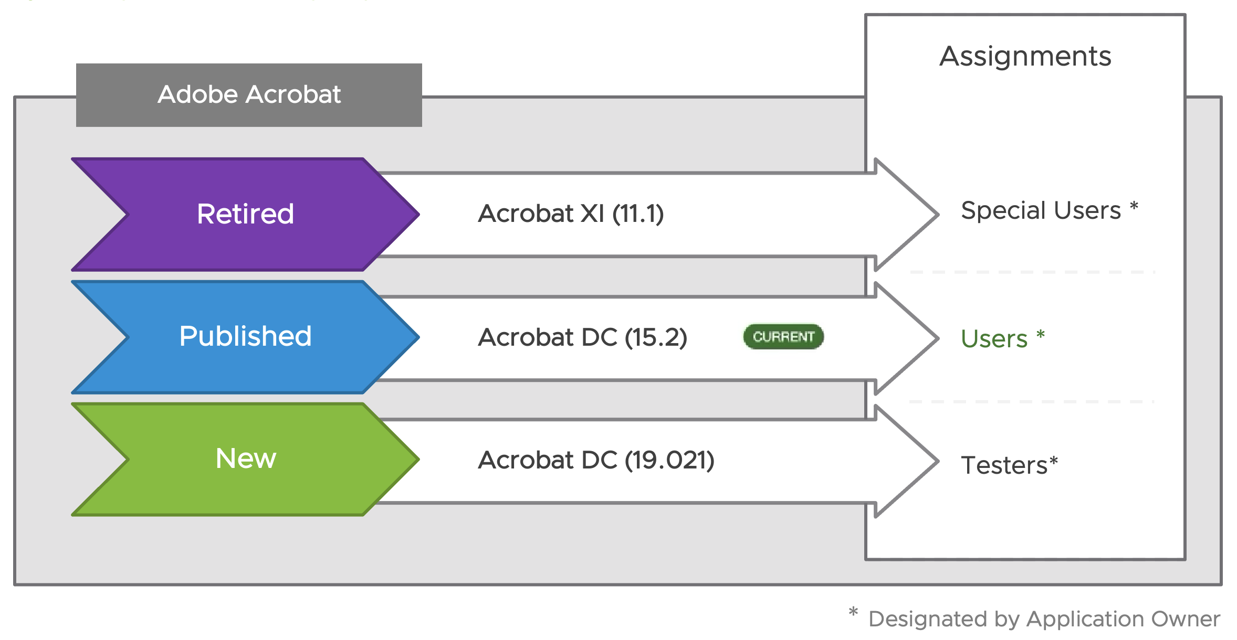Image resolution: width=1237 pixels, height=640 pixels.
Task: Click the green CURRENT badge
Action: point(783,337)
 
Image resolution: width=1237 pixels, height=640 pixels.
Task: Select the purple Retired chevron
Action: point(245,214)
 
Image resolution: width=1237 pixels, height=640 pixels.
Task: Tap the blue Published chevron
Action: point(245,337)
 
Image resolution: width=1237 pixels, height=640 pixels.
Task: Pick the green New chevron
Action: point(245,459)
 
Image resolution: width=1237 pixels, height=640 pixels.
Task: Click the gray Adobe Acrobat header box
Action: point(249,95)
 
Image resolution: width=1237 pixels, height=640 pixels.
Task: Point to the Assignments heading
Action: point(1025,56)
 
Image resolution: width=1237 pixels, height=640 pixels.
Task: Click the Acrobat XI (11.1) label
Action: point(571,214)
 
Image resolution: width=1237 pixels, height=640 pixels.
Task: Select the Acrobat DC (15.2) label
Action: point(582,337)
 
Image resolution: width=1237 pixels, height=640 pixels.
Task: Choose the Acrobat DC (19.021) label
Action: point(596,460)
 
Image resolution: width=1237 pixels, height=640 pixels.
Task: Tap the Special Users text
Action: point(1041,211)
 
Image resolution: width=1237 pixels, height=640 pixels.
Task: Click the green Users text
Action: point(994,339)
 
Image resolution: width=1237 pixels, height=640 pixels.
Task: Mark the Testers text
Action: point(1004,465)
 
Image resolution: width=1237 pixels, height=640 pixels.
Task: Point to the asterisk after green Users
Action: point(1041,334)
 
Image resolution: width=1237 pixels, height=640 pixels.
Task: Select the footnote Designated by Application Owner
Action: point(1044,619)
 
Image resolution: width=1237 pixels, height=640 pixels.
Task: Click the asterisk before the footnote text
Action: point(853,612)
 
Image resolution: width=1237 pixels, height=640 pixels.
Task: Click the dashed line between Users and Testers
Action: point(1031,402)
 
